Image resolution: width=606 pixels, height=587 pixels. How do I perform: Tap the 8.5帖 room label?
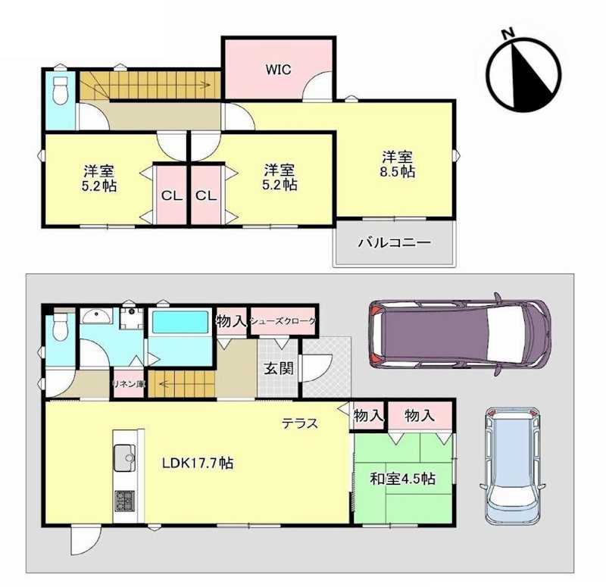(x=396, y=164)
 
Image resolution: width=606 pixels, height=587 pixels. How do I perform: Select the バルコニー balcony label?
(x=394, y=244)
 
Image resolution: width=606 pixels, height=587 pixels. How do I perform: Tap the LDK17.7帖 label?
(x=195, y=463)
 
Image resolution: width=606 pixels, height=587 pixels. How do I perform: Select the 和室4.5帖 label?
(x=402, y=478)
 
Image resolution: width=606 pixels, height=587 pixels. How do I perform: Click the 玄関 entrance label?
(x=276, y=370)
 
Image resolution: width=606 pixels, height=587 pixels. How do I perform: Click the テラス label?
(x=299, y=423)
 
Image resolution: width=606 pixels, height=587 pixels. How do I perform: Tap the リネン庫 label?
(x=128, y=383)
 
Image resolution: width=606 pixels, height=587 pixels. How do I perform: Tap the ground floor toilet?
(x=60, y=326)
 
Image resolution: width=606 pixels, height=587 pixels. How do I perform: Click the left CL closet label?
(x=171, y=195)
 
